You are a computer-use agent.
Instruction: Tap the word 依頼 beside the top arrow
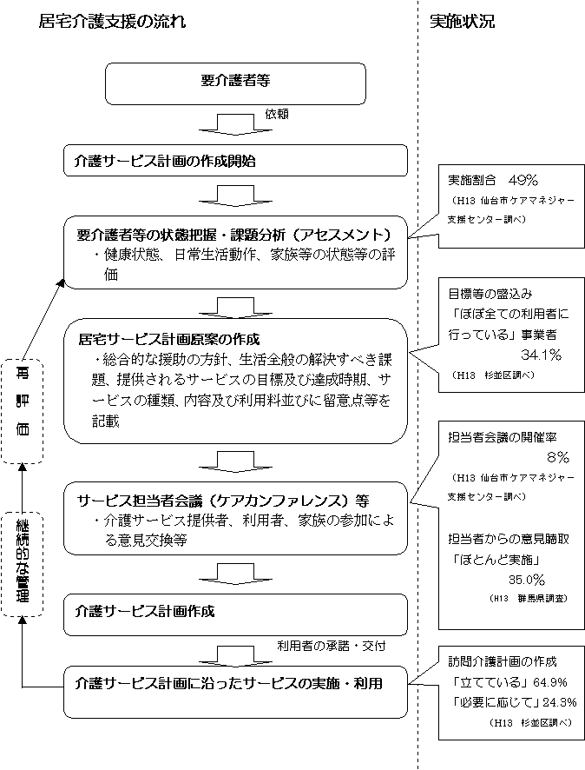click(277, 114)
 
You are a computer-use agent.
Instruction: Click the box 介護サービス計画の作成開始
click(235, 161)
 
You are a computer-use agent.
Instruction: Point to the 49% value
click(524, 181)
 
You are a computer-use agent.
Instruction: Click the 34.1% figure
click(541, 355)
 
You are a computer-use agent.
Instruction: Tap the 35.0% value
click(527, 579)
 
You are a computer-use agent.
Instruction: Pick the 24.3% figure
click(547, 701)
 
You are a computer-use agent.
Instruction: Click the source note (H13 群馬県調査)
click(527, 599)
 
